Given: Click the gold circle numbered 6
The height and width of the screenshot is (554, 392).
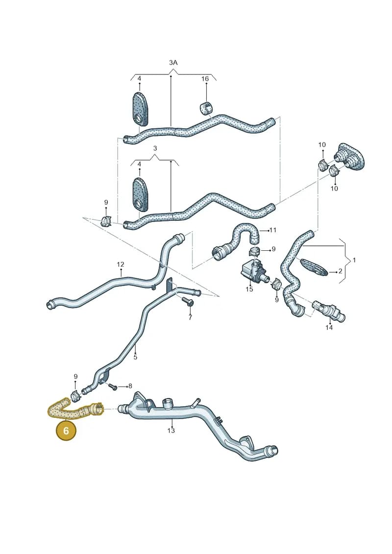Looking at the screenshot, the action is tap(66, 431).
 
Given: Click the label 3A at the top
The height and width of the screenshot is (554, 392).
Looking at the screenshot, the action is tap(173, 63).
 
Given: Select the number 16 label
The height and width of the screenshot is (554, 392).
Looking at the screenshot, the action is tap(205, 79).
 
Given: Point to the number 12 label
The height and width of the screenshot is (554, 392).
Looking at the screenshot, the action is tap(121, 265).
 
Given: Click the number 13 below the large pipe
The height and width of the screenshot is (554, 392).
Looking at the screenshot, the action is tap(171, 431).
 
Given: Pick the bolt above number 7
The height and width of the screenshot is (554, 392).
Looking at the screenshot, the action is tap(187, 301).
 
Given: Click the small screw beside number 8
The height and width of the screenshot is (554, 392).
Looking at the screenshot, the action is tap(113, 387).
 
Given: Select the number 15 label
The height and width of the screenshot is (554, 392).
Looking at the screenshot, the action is tap(249, 289).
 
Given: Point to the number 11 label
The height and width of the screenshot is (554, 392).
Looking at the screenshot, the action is tap(272, 230).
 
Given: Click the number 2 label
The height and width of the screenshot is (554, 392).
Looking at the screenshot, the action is tap(340, 271).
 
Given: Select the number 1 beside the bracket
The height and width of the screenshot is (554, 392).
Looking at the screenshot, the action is tap(354, 260).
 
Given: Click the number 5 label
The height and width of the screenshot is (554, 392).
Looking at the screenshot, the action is tap(135, 357).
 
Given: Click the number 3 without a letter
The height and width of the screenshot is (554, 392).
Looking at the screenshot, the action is tap(155, 148).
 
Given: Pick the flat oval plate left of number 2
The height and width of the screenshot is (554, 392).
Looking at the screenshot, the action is tap(314, 267).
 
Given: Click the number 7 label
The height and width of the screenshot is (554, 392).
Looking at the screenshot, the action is tap(190, 317).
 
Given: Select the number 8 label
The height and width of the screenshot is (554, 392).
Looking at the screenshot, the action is tap(130, 386).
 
